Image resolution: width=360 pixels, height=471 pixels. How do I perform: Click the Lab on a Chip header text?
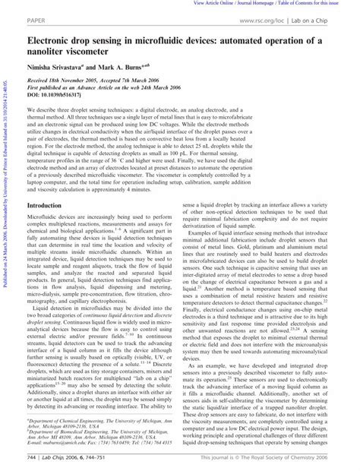click(326, 16)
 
